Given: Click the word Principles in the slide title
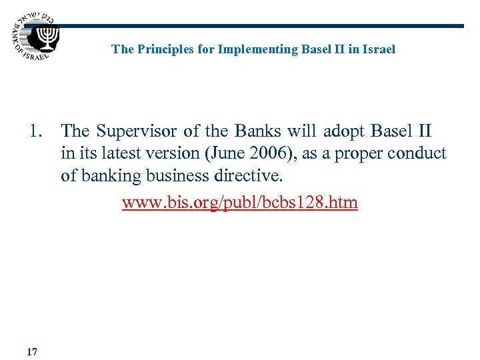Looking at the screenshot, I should (160, 49).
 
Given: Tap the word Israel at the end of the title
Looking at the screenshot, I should (379, 49).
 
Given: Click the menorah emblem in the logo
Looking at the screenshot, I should (48, 37).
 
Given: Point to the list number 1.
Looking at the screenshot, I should (37, 131).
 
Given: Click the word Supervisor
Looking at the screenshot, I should (138, 131).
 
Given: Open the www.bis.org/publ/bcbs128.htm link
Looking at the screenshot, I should (239, 202).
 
